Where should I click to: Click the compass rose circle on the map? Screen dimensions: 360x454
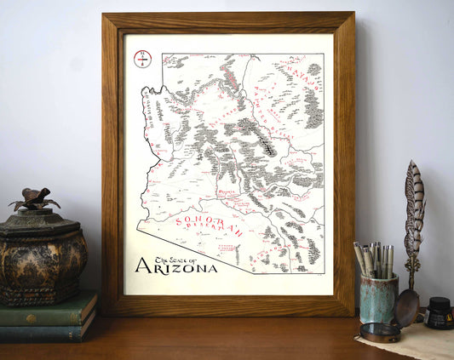pyautogui.click(x=142, y=60)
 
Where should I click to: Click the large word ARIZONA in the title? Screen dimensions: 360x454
pyautogui.click(x=175, y=266)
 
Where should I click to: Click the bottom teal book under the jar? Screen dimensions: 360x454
pyautogui.click(x=47, y=331)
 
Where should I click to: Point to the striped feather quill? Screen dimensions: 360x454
pyautogui.click(x=413, y=209)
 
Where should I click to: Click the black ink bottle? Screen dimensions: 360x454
pyautogui.click(x=440, y=312)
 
